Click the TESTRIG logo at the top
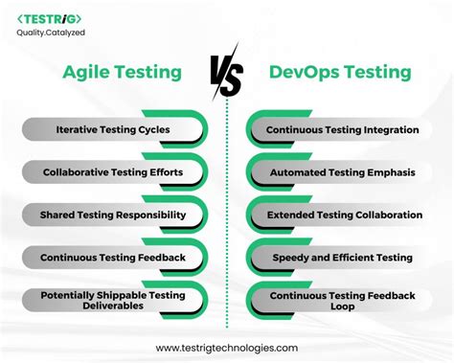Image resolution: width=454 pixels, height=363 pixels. click(x=49, y=18)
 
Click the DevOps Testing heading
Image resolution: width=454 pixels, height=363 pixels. click(x=340, y=72)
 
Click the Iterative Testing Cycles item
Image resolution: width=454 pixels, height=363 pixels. click(x=112, y=129)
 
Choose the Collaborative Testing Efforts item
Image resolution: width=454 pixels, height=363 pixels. click(x=112, y=172)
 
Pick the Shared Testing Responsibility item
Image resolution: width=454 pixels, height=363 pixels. click(x=112, y=215)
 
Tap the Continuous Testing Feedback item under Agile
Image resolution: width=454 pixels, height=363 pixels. click(x=112, y=258)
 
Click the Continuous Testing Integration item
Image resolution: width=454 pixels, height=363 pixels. click(x=342, y=129)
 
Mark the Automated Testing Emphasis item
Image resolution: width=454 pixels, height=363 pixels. click(x=342, y=172)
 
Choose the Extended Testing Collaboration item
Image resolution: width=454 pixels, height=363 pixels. click(x=342, y=215)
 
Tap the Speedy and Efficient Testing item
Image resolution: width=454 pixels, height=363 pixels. click(x=342, y=258)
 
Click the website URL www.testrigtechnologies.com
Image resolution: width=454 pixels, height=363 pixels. click(x=226, y=348)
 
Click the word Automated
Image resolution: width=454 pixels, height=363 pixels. click(x=297, y=172)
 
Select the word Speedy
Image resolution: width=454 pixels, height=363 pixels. click(x=290, y=258)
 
